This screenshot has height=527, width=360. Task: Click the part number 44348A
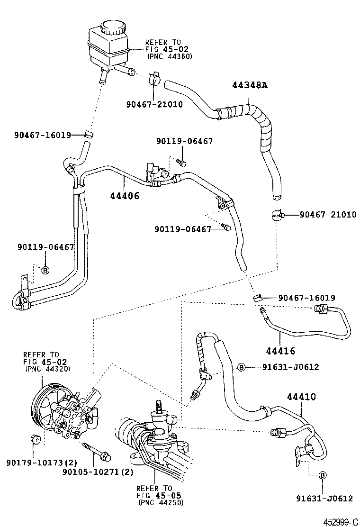point(250,85)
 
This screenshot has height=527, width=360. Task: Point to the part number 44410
point(300,397)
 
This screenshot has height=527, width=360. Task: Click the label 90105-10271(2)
point(99,472)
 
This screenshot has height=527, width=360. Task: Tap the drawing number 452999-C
point(340,521)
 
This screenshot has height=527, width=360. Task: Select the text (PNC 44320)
point(45,369)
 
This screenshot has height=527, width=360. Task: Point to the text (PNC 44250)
point(161,502)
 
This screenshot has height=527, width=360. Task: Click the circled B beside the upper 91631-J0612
point(241,367)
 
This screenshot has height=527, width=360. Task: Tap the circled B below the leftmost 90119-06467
point(45,270)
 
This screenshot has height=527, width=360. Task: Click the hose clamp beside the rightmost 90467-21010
point(277,215)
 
